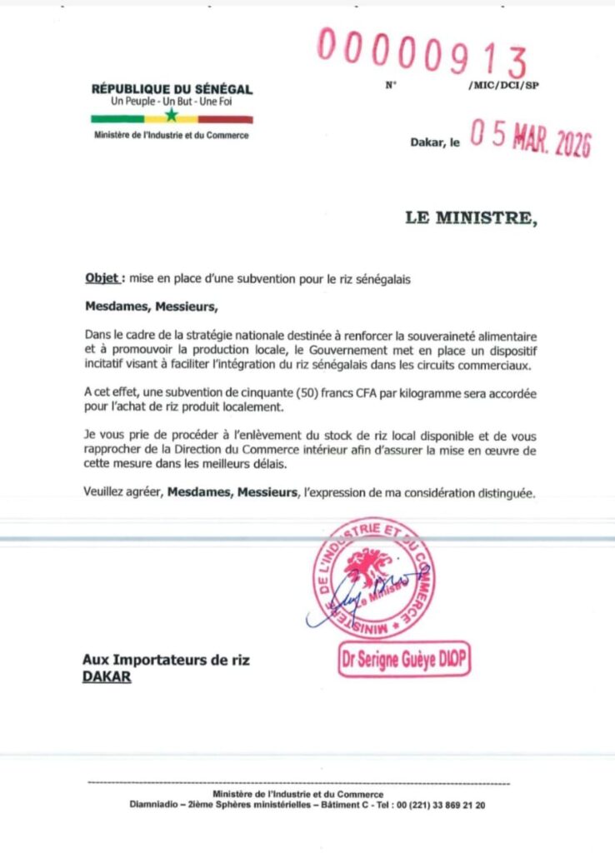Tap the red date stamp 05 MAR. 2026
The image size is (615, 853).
[531, 139]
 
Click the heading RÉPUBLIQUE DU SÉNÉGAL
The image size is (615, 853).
[172, 89]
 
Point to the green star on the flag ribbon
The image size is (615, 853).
[172, 116]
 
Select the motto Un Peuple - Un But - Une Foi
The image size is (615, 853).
[172, 102]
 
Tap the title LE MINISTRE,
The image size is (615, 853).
[472, 218]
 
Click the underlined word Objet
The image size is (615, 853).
[103, 279]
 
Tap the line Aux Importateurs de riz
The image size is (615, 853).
[166, 661]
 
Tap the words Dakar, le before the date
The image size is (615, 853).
[435, 143]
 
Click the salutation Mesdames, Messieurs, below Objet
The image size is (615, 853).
[151, 306]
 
